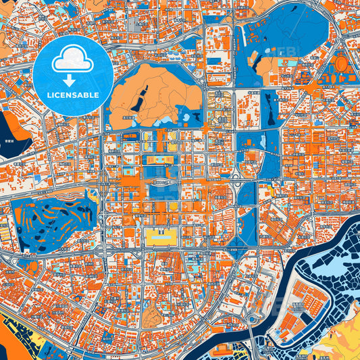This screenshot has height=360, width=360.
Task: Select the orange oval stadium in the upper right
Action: click(342, 65)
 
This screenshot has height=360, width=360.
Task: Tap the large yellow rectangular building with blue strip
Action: click(160, 236)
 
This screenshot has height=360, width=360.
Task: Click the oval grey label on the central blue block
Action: click(160, 182)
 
